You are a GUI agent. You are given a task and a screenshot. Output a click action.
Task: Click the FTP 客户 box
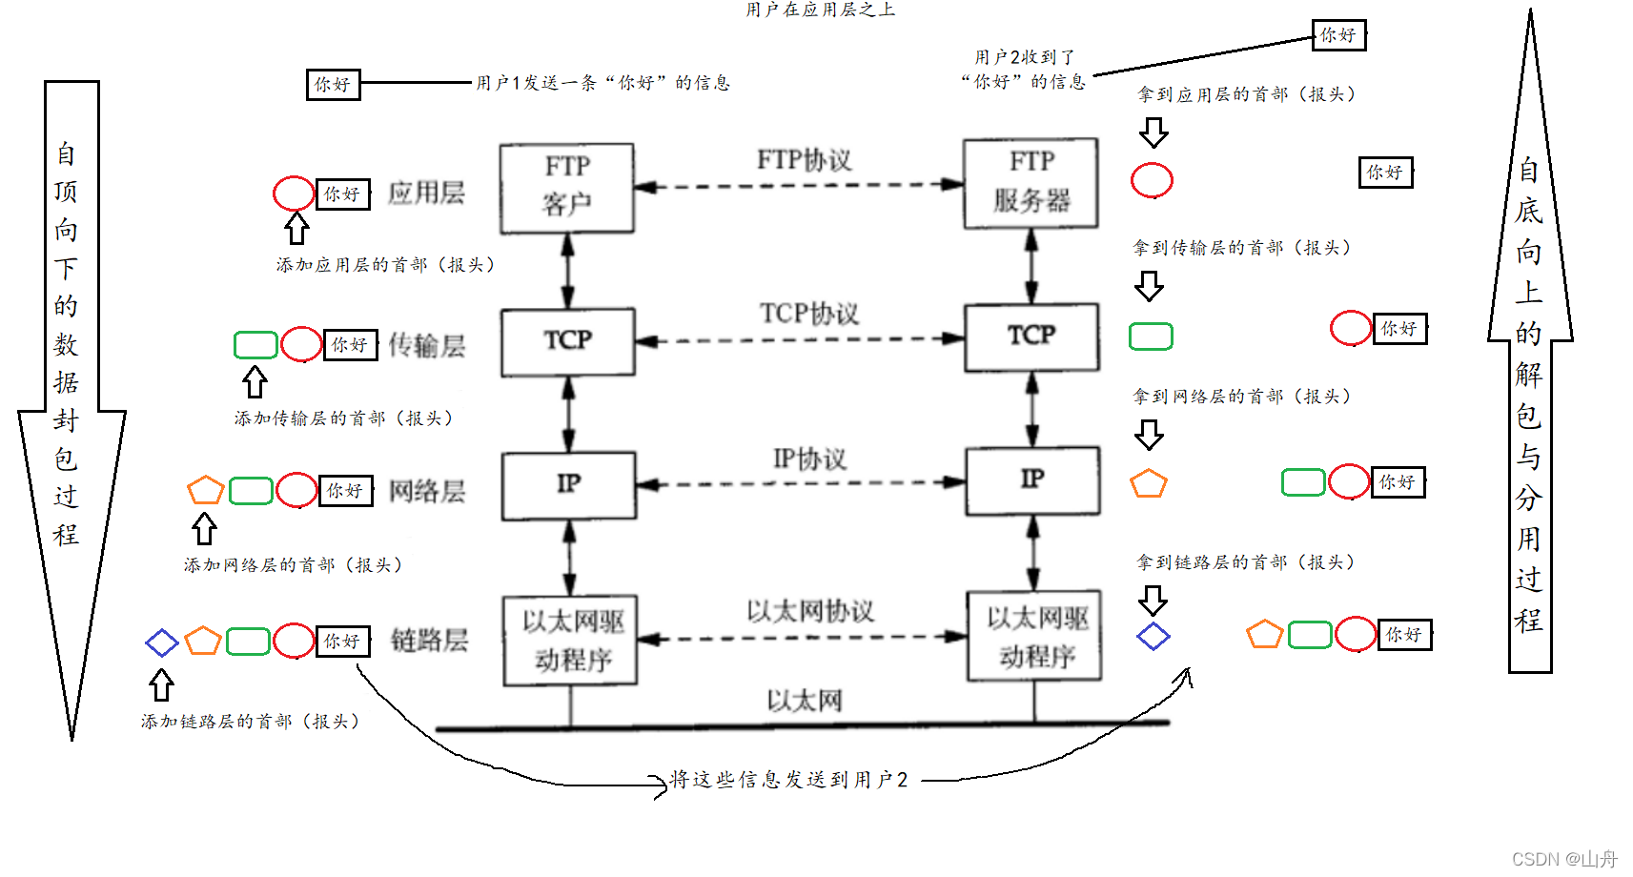[x=567, y=188]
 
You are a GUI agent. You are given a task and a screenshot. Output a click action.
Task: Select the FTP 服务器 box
[x=1031, y=183]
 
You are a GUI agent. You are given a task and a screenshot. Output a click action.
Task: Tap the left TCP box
[x=568, y=341]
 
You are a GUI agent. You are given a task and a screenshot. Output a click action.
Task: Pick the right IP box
[x=1032, y=480]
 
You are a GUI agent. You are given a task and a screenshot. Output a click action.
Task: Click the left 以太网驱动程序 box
[x=570, y=641]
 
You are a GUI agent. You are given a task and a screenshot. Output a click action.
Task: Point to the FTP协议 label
[x=804, y=160]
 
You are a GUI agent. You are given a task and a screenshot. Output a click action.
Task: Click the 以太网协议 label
[x=809, y=611]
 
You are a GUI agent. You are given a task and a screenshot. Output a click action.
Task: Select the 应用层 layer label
[x=426, y=194]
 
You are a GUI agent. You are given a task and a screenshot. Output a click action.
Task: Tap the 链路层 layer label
[x=429, y=641]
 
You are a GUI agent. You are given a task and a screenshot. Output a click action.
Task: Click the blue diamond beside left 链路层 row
[x=162, y=642]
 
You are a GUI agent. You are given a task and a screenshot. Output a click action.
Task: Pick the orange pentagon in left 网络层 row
[x=205, y=491]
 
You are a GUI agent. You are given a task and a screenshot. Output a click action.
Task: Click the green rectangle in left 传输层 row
[x=255, y=345]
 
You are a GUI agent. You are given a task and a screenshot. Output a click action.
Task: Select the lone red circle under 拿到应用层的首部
[x=1152, y=180]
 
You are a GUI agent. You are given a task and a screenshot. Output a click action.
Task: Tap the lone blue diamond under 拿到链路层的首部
[x=1153, y=637]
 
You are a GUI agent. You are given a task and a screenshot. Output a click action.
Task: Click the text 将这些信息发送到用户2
[x=788, y=780]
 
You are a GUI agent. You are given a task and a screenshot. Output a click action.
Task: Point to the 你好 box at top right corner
[x=1338, y=36]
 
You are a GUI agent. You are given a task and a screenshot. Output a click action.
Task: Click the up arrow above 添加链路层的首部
[x=161, y=684]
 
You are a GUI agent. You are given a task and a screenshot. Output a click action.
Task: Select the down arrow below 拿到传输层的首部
[x=1149, y=286]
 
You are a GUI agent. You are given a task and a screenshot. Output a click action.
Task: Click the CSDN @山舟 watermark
[x=1564, y=859]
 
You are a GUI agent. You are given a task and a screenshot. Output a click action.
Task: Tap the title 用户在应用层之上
[x=820, y=10]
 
